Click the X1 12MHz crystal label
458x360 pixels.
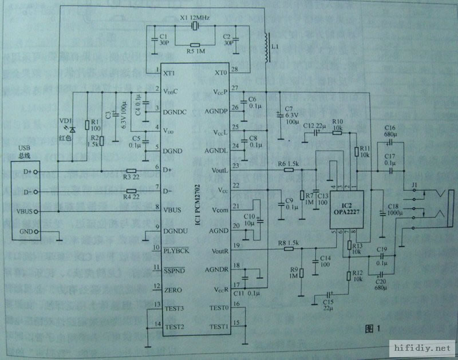(x=195, y=18)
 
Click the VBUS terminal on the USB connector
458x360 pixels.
(x=25, y=211)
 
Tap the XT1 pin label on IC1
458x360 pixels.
(x=170, y=73)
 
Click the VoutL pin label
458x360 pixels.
(x=219, y=170)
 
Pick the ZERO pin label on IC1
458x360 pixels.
(x=173, y=290)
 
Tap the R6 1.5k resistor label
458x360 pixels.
(x=290, y=164)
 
